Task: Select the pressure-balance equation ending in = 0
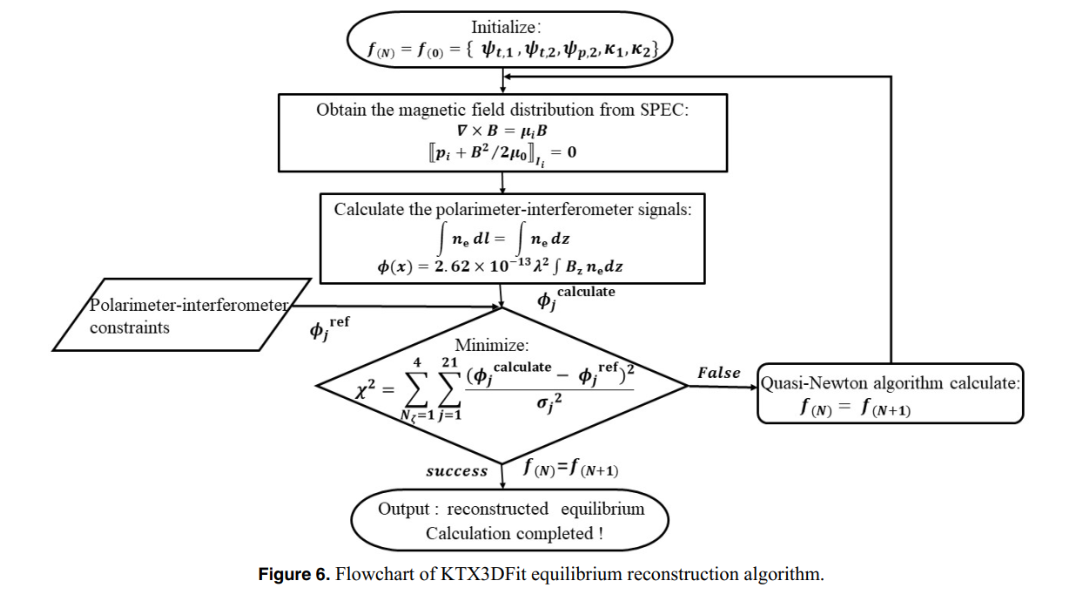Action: (503, 153)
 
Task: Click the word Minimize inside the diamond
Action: (492, 346)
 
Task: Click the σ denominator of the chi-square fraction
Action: (545, 404)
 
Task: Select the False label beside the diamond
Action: (718, 373)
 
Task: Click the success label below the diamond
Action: (456, 471)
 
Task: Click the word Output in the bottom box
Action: (403, 509)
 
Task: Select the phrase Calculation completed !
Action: (514, 533)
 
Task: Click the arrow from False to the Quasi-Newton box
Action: (723, 387)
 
